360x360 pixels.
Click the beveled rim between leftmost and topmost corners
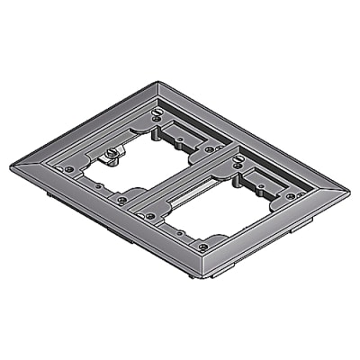tap(85, 121)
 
